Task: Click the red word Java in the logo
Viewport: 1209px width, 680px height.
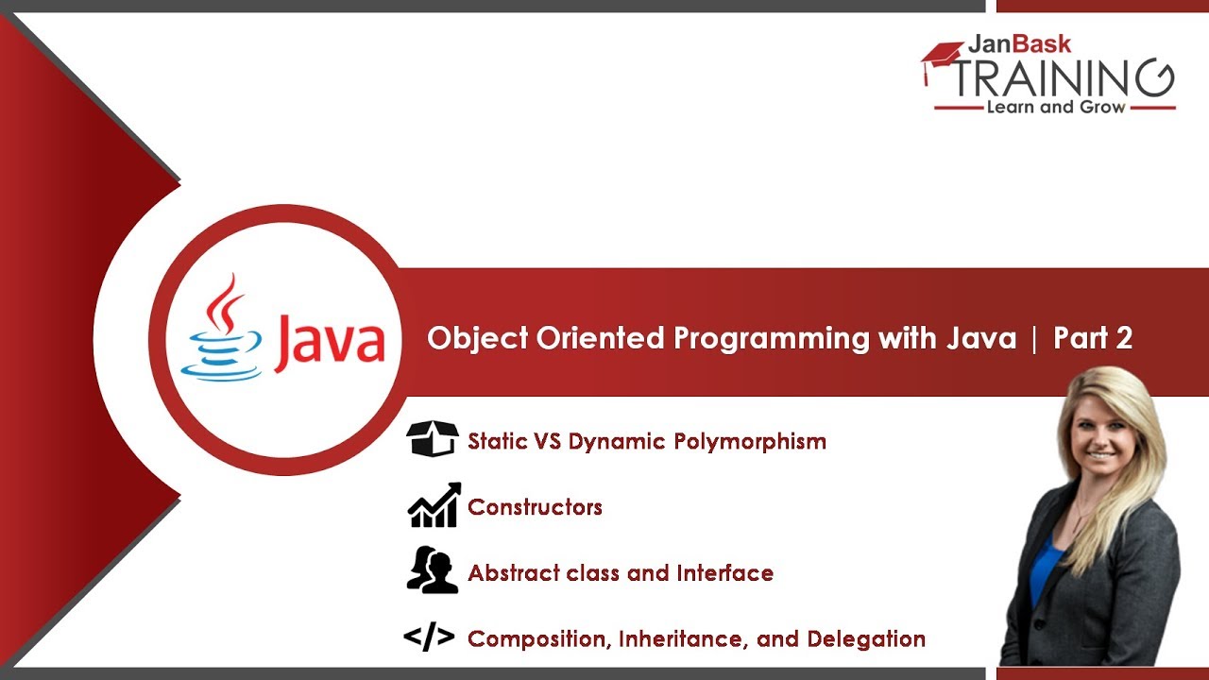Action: [x=331, y=343]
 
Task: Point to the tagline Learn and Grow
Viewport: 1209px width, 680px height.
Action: [x=1055, y=108]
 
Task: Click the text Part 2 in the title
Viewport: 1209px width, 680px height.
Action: [x=1093, y=338]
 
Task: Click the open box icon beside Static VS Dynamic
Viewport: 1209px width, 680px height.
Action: [x=433, y=439]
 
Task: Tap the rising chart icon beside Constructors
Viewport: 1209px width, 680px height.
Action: [x=434, y=505]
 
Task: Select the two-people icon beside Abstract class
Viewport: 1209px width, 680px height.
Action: [x=432, y=570]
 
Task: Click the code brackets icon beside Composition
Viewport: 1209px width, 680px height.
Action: [x=429, y=638]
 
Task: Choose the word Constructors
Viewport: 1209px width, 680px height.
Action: [x=535, y=507]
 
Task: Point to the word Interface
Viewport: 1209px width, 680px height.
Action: [x=724, y=573]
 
